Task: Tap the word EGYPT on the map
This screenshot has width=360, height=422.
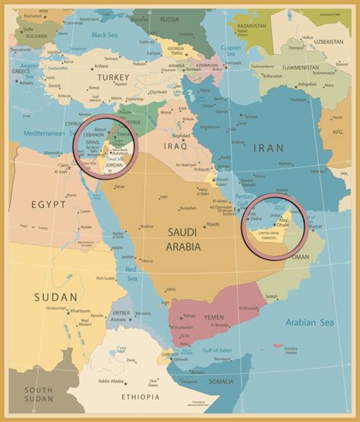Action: pos(49,205)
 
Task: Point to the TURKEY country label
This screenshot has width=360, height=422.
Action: pos(112,77)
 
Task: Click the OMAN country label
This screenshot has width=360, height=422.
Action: pos(301,257)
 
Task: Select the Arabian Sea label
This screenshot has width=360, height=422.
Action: pos(309,322)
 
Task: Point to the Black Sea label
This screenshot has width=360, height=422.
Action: pos(105,34)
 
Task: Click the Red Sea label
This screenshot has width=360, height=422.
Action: pos(131,273)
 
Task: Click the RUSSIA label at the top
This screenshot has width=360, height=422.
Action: pos(169,19)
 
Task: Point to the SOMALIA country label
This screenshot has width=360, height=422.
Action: pos(221,381)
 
